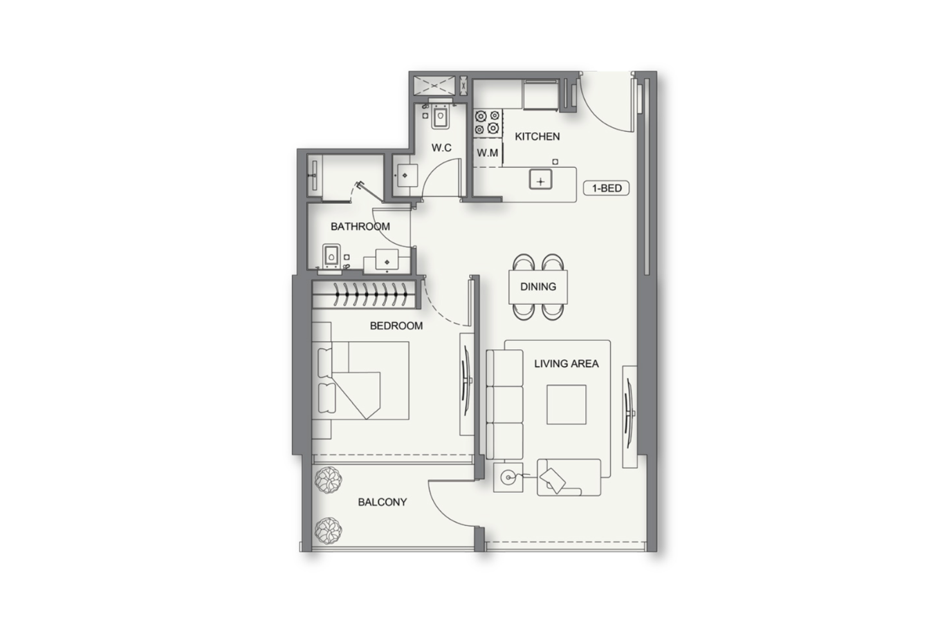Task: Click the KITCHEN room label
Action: [x=537, y=136]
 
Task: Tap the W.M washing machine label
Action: [x=488, y=153]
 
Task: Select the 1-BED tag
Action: [x=607, y=188]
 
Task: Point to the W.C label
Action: [x=441, y=148]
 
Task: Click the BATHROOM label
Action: [x=360, y=227]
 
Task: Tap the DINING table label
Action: [x=538, y=287]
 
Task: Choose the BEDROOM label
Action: [x=396, y=326]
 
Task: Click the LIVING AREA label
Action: [x=566, y=364]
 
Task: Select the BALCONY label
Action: [x=383, y=502]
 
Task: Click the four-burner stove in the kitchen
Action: [x=488, y=122]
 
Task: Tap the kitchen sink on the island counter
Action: [x=541, y=180]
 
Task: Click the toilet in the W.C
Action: [x=439, y=116]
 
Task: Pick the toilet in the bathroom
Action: [x=331, y=256]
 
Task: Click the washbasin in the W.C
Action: [x=405, y=176]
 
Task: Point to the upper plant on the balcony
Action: [x=329, y=480]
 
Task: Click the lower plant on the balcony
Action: [x=329, y=530]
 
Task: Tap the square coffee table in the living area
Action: [x=566, y=404]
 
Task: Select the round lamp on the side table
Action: [x=508, y=478]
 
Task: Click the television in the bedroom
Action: [x=466, y=384]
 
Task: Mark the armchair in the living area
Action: [x=569, y=478]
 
